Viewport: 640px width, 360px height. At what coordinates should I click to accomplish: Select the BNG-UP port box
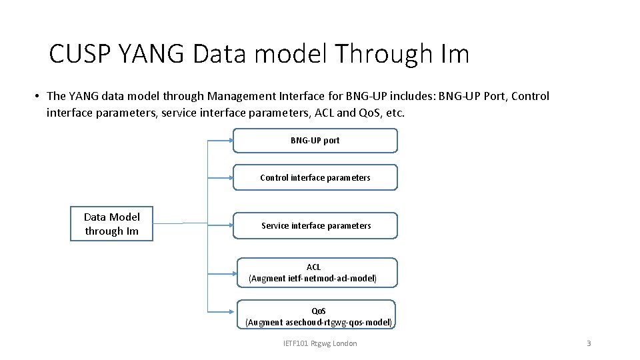pos(315,141)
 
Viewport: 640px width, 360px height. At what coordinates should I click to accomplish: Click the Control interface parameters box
pos(315,177)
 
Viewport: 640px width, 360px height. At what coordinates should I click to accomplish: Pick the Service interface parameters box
pos(315,225)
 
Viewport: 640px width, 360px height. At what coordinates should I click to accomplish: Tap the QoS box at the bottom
pos(317,315)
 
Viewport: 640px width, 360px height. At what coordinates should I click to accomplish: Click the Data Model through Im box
pos(111,223)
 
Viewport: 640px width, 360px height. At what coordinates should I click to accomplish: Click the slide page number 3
pos(588,343)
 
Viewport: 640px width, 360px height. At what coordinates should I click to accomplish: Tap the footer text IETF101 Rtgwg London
pos(320,343)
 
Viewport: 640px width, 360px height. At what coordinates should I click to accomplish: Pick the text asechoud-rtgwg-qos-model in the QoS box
pos(338,322)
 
